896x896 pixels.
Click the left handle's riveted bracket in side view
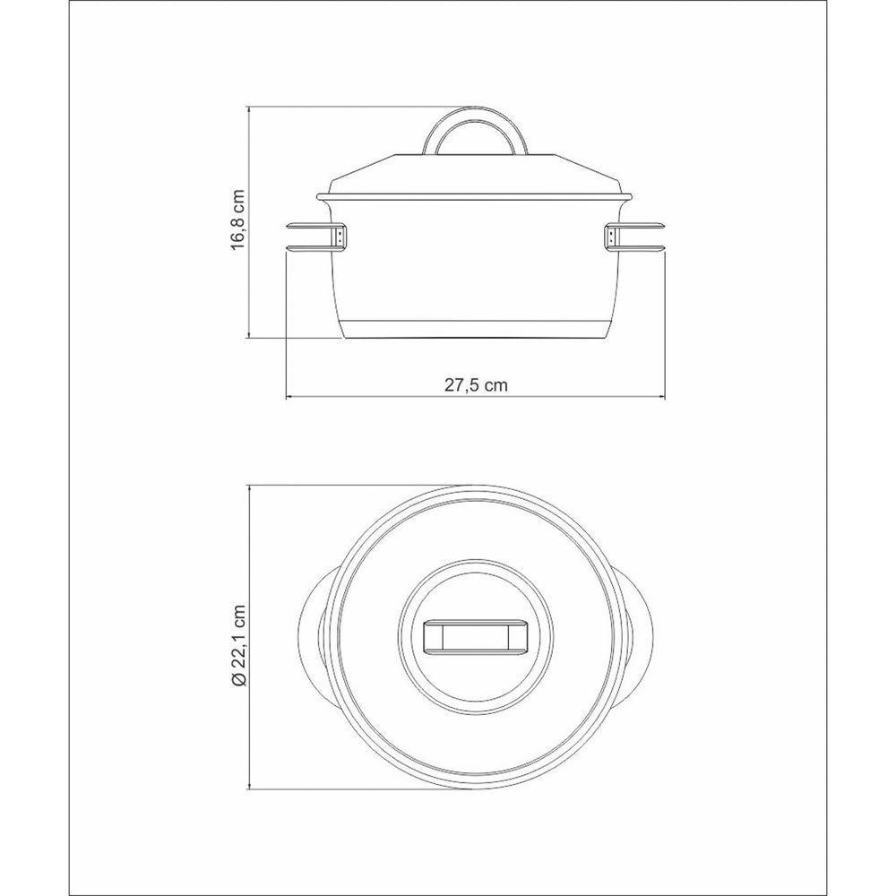[x=342, y=237]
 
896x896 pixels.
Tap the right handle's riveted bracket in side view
[x=610, y=237]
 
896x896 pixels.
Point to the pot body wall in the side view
[x=476, y=269]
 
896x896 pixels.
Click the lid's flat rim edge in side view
[x=476, y=196]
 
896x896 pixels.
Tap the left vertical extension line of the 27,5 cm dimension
[x=286, y=332]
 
